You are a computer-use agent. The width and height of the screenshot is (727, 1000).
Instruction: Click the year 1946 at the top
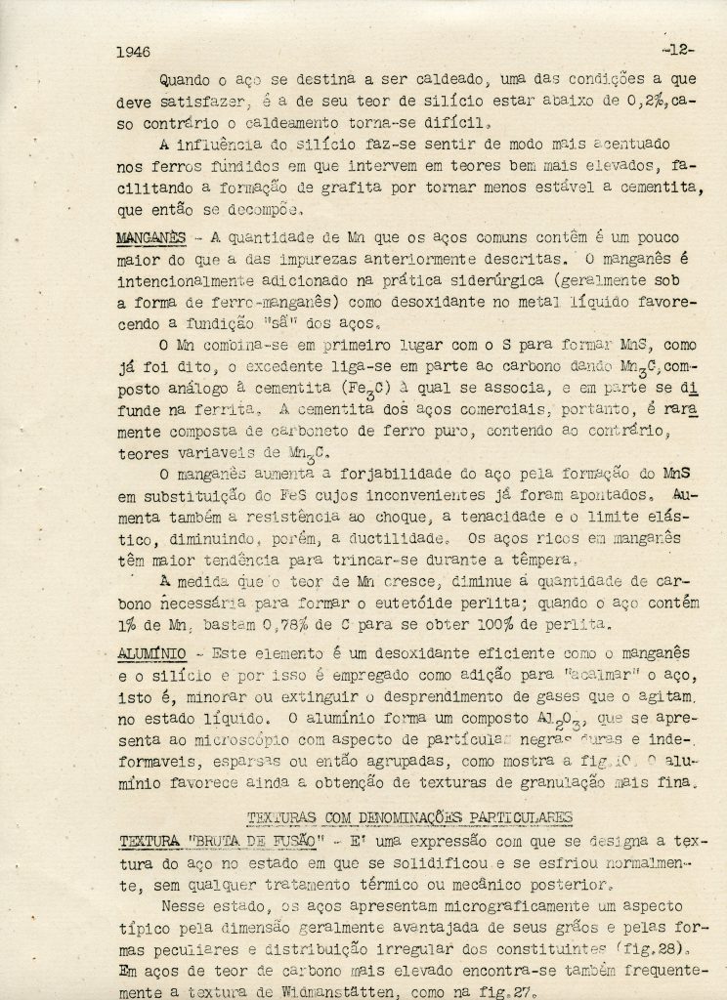click(133, 50)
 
